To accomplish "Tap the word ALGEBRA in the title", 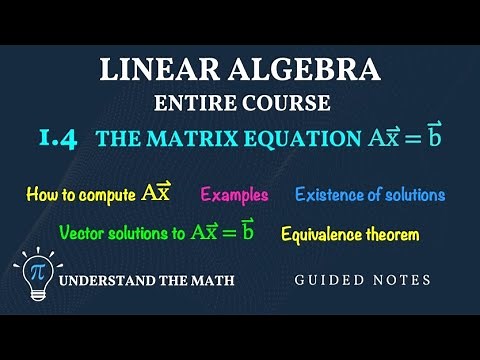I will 300,71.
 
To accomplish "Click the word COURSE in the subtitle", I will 281,102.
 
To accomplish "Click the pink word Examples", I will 234,194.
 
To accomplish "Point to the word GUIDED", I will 324,281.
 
